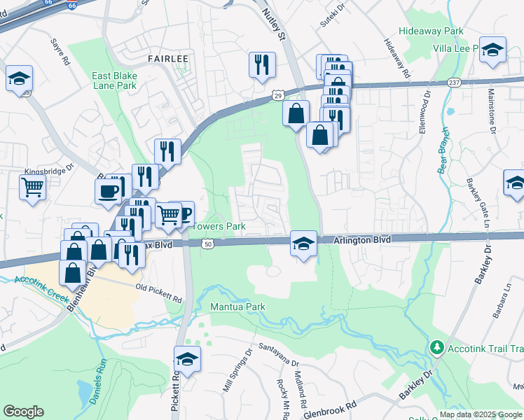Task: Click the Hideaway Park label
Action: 431,31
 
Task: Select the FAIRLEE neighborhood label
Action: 167,59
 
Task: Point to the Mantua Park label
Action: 237,307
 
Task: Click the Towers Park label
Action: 219,226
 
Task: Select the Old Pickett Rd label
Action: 159,293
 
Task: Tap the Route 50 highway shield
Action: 207,244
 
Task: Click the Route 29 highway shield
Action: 278,94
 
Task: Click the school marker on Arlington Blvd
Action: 303,244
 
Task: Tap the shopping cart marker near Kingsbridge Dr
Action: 33,188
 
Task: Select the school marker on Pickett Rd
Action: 187,360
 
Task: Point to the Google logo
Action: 23,412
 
